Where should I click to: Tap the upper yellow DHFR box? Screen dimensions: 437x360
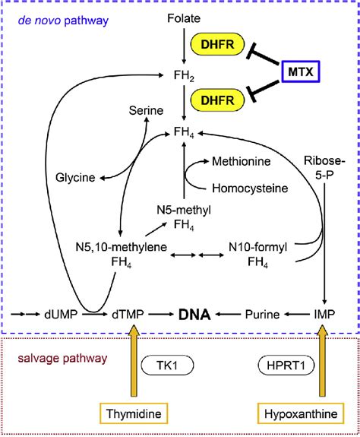point(219,47)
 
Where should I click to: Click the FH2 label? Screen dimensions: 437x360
point(182,75)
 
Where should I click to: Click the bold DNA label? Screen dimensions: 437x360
point(194,313)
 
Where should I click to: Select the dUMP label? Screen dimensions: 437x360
point(60,313)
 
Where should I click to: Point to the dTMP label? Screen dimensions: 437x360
point(126,313)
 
